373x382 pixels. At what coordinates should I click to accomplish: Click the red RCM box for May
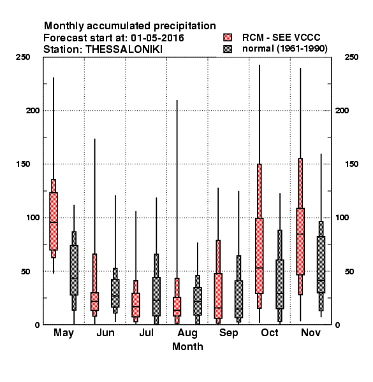click(x=54, y=221)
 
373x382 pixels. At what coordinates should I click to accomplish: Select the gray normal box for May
click(x=74, y=270)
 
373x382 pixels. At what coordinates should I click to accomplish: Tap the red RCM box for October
click(x=260, y=256)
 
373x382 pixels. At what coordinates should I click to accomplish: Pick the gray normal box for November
click(x=321, y=265)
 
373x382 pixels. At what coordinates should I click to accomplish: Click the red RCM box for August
click(x=177, y=306)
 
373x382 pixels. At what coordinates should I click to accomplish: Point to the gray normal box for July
click(x=156, y=297)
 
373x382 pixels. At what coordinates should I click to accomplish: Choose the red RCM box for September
click(x=218, y=296)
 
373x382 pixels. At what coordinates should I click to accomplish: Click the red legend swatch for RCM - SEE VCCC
click(x=228, y=38)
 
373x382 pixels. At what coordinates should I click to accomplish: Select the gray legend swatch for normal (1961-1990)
click(x=228, y=49)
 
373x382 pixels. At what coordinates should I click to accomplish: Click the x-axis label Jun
click(x=105, y=333)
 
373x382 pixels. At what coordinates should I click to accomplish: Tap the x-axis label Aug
click(x=187, y=333)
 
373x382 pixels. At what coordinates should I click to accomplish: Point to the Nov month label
click(x=311, y=333)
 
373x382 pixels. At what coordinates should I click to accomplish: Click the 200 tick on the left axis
click(x=33, y=111)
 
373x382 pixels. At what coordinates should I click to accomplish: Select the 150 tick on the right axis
click(x=352, y=164)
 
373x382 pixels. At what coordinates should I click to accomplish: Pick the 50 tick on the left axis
click(x=26, y=271)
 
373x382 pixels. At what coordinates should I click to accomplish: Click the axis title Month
click(x=187, y=347)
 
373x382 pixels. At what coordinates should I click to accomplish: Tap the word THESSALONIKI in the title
click(x=124, y=50)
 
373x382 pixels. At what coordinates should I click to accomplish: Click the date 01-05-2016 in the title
click(x=157, y=38)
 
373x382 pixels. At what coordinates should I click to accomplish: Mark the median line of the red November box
click(x=300, y=234)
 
